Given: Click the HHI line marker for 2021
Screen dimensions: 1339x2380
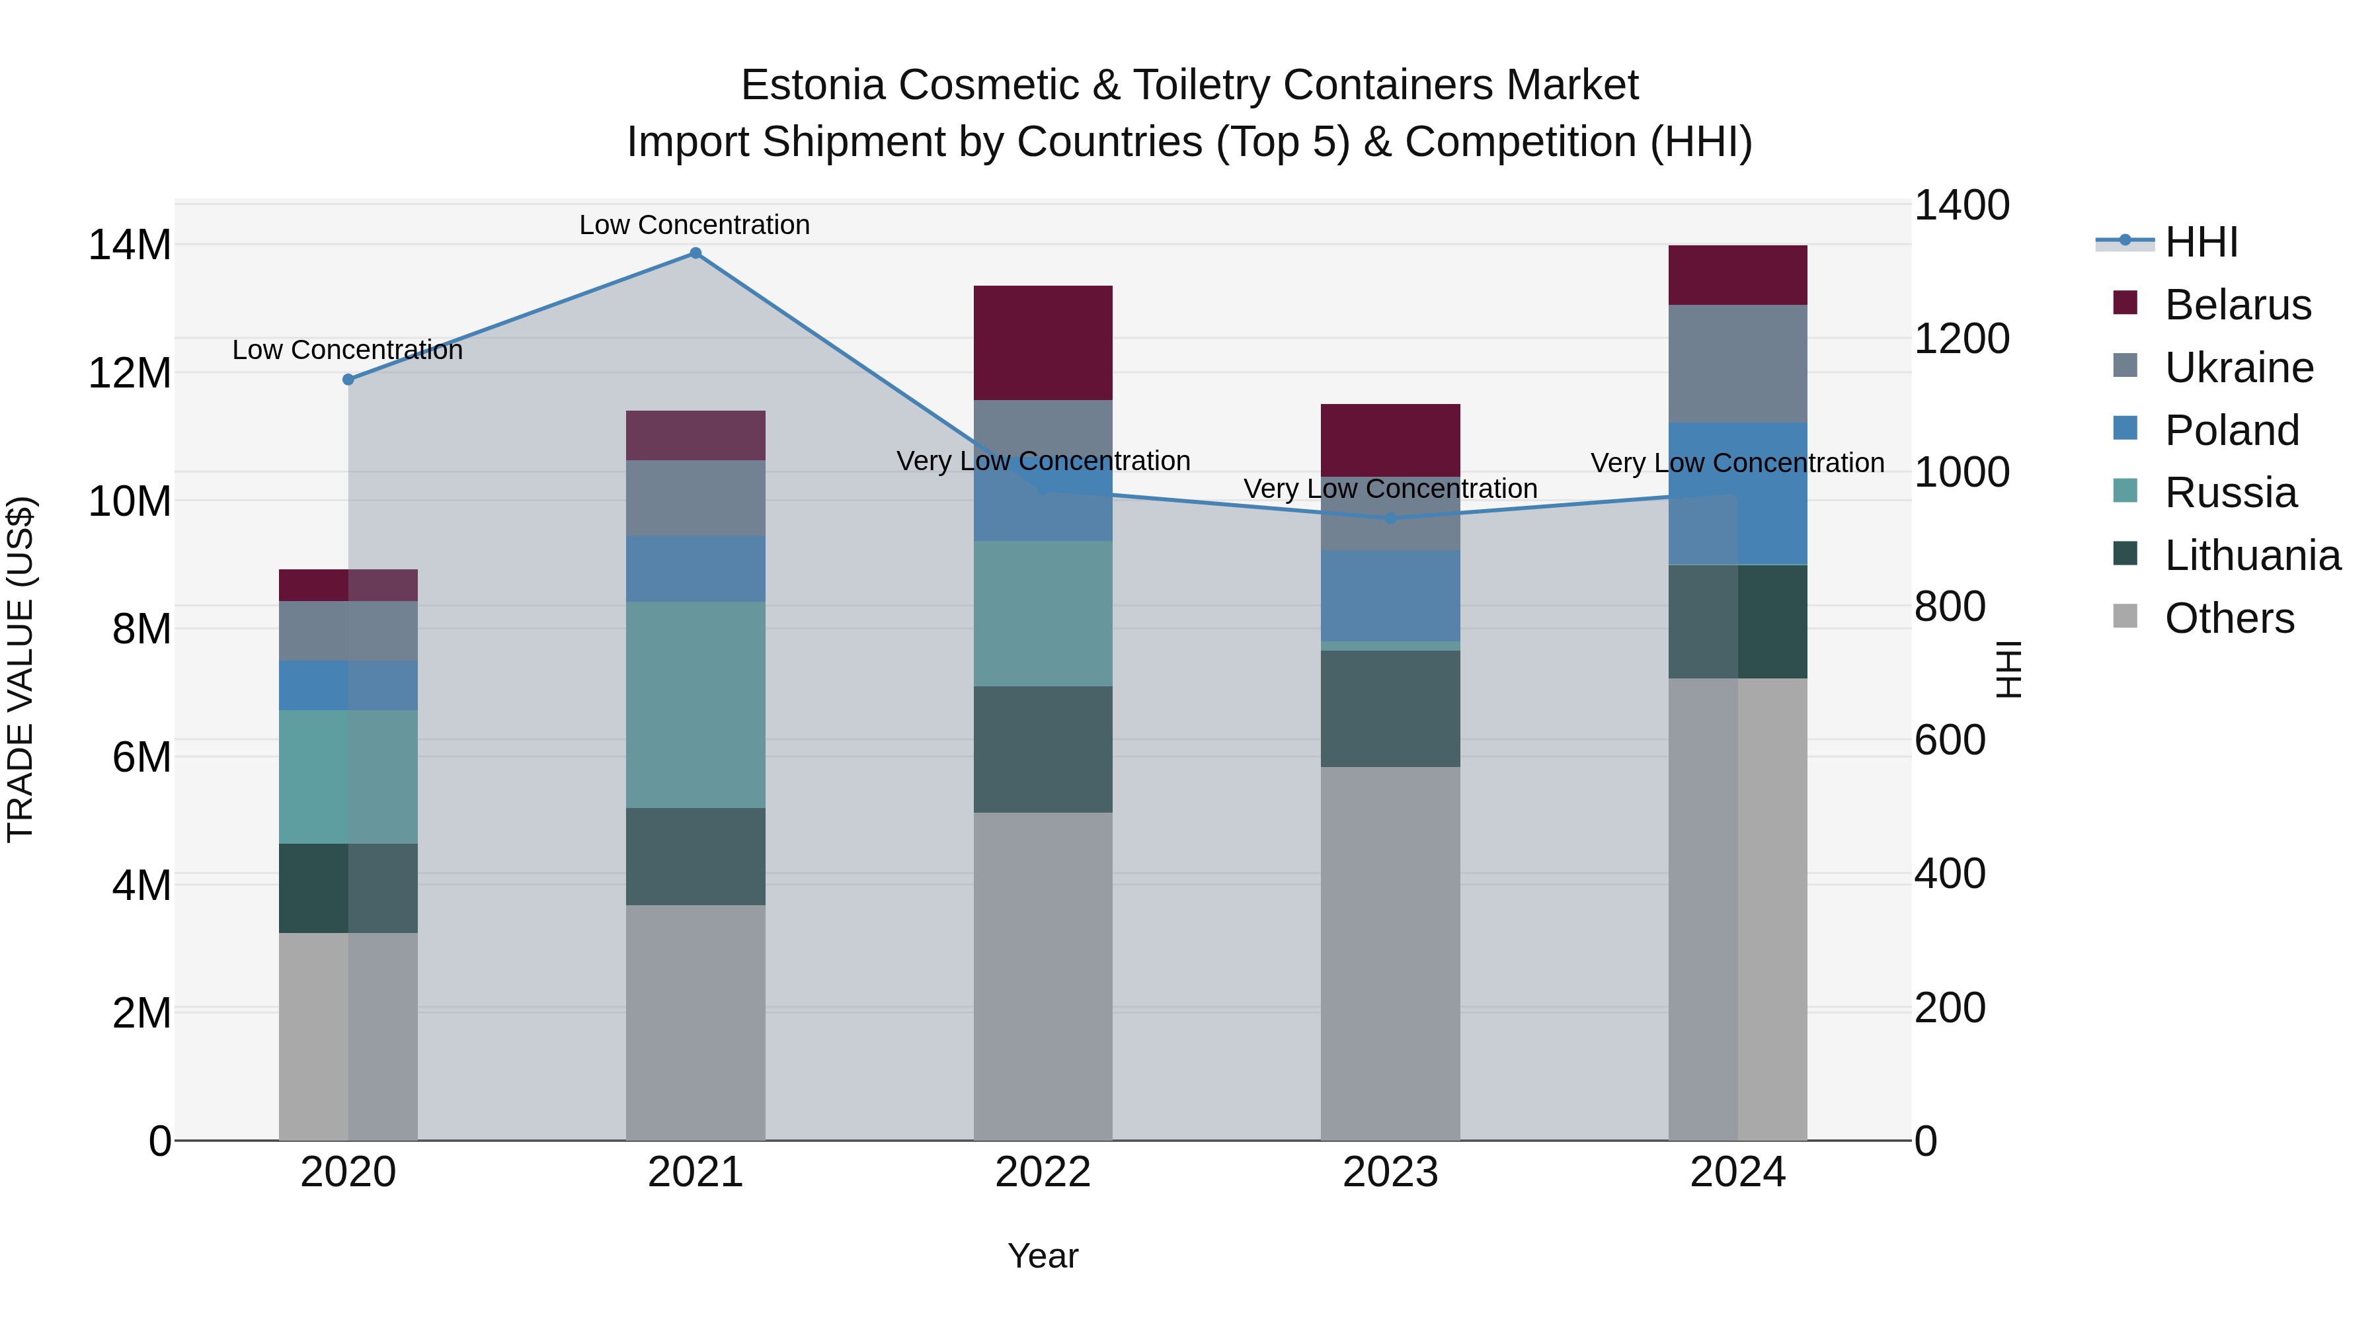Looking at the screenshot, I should (695, 253).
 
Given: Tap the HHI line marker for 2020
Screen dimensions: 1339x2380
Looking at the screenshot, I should (348, 380).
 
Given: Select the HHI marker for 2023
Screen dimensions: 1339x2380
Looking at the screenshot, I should (1390, 518).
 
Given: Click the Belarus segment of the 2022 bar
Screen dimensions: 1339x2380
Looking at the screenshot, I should (1043, 343).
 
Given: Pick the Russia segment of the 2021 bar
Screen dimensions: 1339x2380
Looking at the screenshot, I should (695, 704).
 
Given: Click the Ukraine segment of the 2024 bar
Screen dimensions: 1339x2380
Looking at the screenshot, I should (1738, 363).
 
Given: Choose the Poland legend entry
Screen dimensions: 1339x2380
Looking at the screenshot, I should (2231, 430).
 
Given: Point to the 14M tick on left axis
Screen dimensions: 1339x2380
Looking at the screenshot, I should (130, 246).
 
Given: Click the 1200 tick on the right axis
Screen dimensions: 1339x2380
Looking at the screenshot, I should (1961, 339).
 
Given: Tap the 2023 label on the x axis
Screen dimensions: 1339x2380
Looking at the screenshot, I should (1390, 1172).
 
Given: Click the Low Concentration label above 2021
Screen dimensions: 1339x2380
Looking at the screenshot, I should (695, 225).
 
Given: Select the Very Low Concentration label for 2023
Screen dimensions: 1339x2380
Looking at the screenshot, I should (1390, 488).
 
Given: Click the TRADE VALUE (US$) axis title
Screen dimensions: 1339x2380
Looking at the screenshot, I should (20, 669).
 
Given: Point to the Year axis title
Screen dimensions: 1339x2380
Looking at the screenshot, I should (1043, 1256).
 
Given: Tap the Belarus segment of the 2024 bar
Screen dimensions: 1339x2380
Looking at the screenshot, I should (1738, 274).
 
